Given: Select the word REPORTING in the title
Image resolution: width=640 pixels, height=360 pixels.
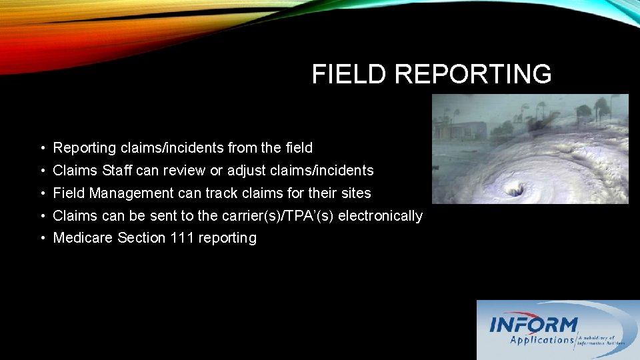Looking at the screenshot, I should (x=473, y=75).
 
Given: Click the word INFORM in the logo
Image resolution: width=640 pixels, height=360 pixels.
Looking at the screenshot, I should (x=533, y=325).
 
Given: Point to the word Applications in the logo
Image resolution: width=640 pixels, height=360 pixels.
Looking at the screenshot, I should (x=542, y=340).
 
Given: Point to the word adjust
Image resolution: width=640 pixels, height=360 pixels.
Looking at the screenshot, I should (x=247, y=171).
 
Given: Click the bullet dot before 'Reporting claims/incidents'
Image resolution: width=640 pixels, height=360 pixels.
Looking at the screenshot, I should (x=41, y=148).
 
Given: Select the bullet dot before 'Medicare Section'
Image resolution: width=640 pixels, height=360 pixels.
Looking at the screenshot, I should (x=41, y=239).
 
